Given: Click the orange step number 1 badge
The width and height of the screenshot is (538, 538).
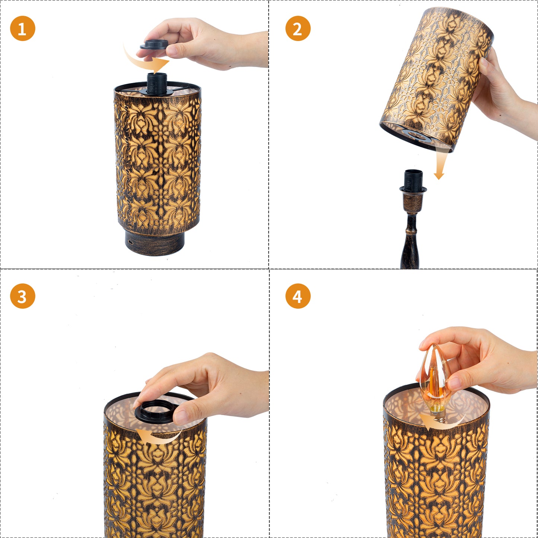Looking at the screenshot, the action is click(x=23, y=28).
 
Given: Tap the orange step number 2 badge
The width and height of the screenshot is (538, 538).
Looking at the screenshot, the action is click(x=298, y=28).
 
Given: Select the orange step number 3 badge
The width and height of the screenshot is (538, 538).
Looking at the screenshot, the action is click(x=23, y=296).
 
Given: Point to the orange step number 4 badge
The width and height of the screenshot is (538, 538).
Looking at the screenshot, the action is click(x=298, y=296).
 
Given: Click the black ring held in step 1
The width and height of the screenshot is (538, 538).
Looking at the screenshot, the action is click(x=155, y=45).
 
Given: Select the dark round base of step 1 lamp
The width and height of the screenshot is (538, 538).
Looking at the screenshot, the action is click(x=155, y=242).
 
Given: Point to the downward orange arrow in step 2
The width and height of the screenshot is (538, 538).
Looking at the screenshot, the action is click(x=440, y=164).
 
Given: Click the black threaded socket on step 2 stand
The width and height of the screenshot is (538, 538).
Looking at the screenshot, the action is click(x=413, y=180).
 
